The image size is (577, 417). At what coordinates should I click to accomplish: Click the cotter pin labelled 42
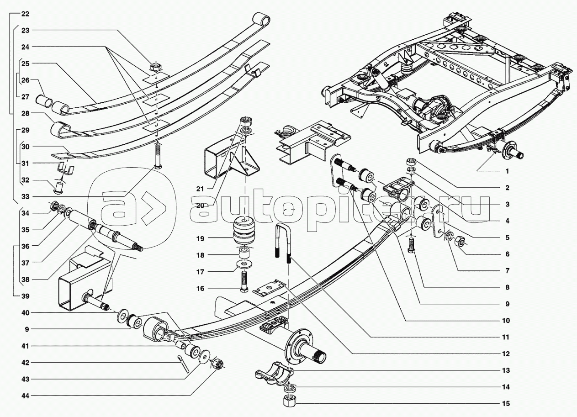(x=184, y=365)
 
